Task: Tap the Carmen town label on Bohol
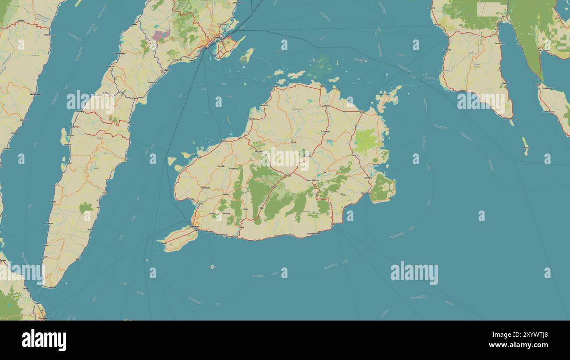coord(287,176)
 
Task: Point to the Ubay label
coord(362,113)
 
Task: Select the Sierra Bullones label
coord(313,180)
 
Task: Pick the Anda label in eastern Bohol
coord(390,198)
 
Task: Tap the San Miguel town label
coord(325,131)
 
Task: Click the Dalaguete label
coord(106,192)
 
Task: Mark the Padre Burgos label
coord(508,119)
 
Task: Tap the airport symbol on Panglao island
coord(171,244)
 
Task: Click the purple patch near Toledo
coord(161,35)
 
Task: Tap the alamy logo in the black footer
coord(44,340)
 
